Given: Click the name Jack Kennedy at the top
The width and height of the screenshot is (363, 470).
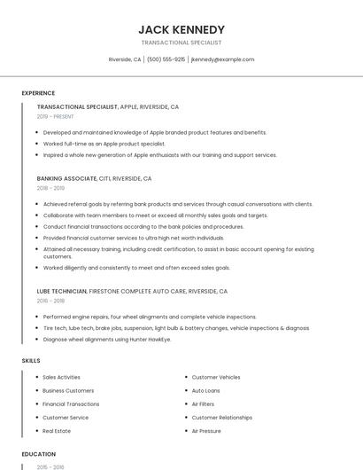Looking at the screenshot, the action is click(181, 29).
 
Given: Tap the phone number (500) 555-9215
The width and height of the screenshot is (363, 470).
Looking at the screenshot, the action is click(166, 59).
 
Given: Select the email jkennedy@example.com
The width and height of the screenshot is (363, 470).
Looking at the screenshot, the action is click(222, 59).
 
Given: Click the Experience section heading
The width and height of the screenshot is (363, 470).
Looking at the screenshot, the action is click(38, 93).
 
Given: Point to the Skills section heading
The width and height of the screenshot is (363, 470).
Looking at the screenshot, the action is click(31, 361).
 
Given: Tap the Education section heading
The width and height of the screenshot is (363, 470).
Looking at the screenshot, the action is click(39, 454).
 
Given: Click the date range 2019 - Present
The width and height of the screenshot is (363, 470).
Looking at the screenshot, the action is click(56, 116).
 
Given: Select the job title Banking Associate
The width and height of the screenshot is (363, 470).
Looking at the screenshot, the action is click(67, 178).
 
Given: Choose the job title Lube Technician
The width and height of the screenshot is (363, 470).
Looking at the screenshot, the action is click(62, 291).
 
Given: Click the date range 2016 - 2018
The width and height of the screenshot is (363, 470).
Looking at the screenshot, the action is click(50, 301).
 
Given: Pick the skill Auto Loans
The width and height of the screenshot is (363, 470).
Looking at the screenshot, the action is click(206, 390).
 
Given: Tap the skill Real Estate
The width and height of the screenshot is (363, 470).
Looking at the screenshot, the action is click(57, 431).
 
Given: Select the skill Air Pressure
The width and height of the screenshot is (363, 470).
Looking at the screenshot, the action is click(206, 431).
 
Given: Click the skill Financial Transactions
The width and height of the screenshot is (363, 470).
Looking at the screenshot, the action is click(71, 403).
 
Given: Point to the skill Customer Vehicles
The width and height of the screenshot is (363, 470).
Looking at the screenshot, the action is click(216, 377).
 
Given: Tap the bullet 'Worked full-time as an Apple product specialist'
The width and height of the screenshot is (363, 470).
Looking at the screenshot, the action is click(104, 143).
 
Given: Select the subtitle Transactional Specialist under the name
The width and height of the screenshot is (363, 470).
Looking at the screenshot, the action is click(181, 43).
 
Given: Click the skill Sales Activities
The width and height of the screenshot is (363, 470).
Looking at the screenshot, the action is click(62, 377).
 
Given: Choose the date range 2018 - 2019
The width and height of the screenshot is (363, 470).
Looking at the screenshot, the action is click(50, 188).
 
